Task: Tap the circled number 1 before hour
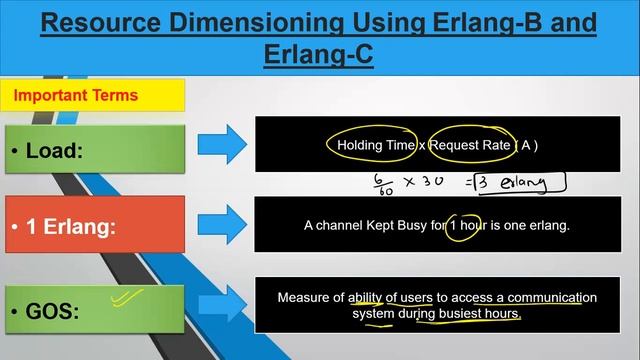click(x=456, y=225)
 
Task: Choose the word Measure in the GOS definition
click(x=303, y=297)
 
